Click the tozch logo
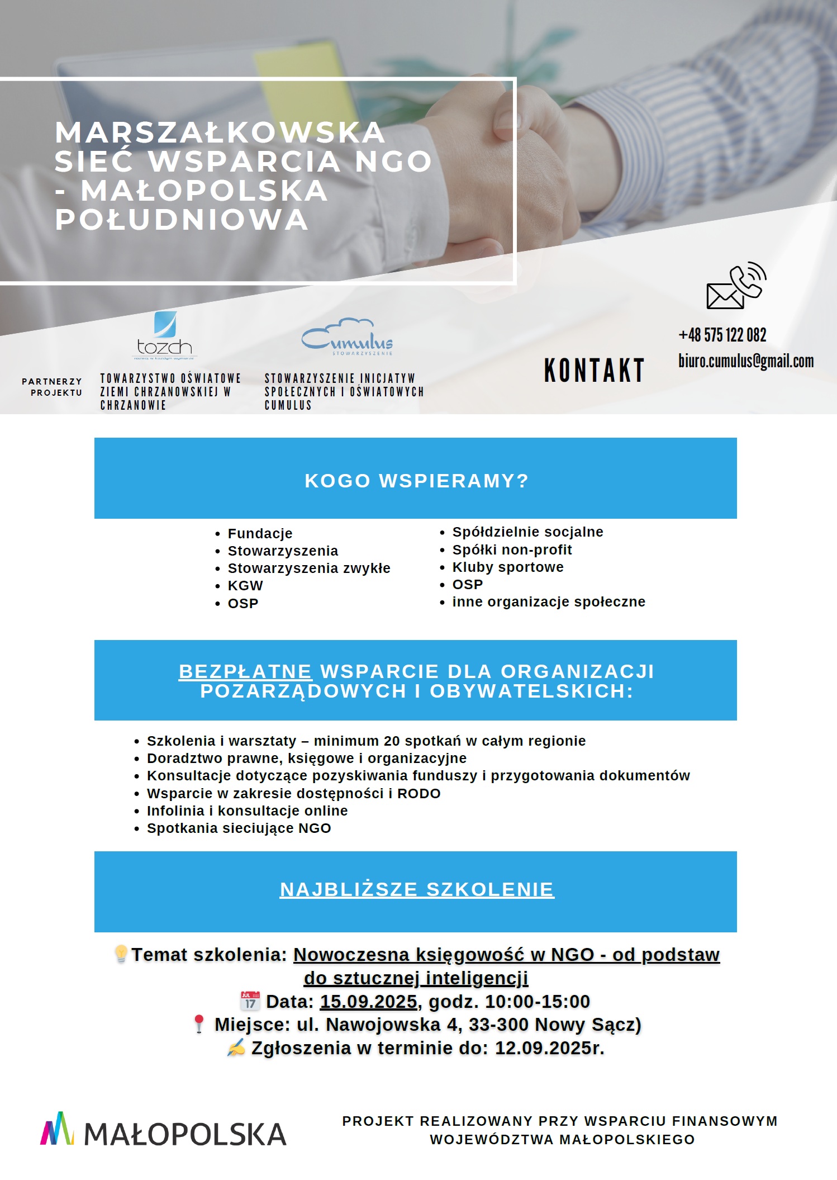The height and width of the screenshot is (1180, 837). point(165,335)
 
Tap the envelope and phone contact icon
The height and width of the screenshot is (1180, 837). point(735,286)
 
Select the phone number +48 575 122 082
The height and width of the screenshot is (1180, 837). point(722,335)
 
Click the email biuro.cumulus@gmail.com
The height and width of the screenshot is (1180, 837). point(745,361)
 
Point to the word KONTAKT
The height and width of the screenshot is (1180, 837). point(594,371)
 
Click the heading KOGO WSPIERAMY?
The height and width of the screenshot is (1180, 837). point(416,481)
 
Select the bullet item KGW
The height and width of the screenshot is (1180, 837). point(245,585)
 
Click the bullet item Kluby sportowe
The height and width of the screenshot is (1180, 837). point(507,567)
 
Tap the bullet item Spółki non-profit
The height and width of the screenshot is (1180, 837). point(512,549)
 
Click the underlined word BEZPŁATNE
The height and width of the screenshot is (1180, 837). point(245,671)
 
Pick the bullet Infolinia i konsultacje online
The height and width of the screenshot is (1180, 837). point(247,811)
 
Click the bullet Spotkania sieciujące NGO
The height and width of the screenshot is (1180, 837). point(239,828)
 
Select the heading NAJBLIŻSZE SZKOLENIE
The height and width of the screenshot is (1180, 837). point(417,889)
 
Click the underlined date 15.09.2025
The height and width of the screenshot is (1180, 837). point(368,1001)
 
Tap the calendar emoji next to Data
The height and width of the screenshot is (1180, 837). point(250,1001)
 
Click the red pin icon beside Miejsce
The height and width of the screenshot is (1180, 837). point(198,1024)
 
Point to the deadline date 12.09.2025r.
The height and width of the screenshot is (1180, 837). point(549,1048)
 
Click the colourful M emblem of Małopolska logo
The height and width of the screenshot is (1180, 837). point(57,1129)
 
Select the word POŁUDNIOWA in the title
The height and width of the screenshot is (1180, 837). point(182,219)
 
